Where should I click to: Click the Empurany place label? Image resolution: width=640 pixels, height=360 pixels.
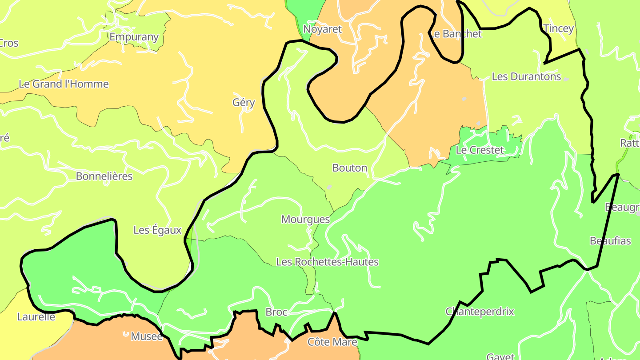point(134,37)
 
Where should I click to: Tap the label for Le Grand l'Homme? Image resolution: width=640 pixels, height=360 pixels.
point(64,84)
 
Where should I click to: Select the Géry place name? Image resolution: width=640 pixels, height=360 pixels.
point(244,103)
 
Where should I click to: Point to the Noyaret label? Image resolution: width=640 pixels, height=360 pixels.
point(322,29)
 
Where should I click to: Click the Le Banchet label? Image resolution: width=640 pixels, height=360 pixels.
point(456,34)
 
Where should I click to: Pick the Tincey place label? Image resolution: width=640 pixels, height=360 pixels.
point(559,28)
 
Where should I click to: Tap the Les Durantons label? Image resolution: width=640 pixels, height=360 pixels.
point(526,76)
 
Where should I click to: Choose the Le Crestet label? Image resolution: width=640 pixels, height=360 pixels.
point(480,150)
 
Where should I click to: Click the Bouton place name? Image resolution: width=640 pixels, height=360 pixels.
point(350,168)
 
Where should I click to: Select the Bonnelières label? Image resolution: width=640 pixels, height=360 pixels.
point(104,176)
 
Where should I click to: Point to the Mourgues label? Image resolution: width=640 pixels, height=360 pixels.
point(305,219)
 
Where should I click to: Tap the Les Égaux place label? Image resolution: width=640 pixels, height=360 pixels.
point(157,230)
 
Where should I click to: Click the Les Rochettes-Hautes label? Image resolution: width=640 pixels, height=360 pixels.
point(327,262)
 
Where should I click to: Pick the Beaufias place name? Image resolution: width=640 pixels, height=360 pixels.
point(610,241)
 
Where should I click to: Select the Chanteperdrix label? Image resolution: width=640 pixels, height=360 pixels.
point(480,312)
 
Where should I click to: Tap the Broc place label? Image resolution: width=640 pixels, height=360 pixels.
point(276,312)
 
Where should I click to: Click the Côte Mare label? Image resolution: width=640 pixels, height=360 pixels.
point(332,342)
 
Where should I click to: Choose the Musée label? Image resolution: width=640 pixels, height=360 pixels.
point(147,336)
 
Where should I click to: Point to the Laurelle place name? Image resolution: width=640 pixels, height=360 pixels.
point(36,317)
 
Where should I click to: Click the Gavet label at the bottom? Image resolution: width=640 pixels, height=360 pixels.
point(500,356)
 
